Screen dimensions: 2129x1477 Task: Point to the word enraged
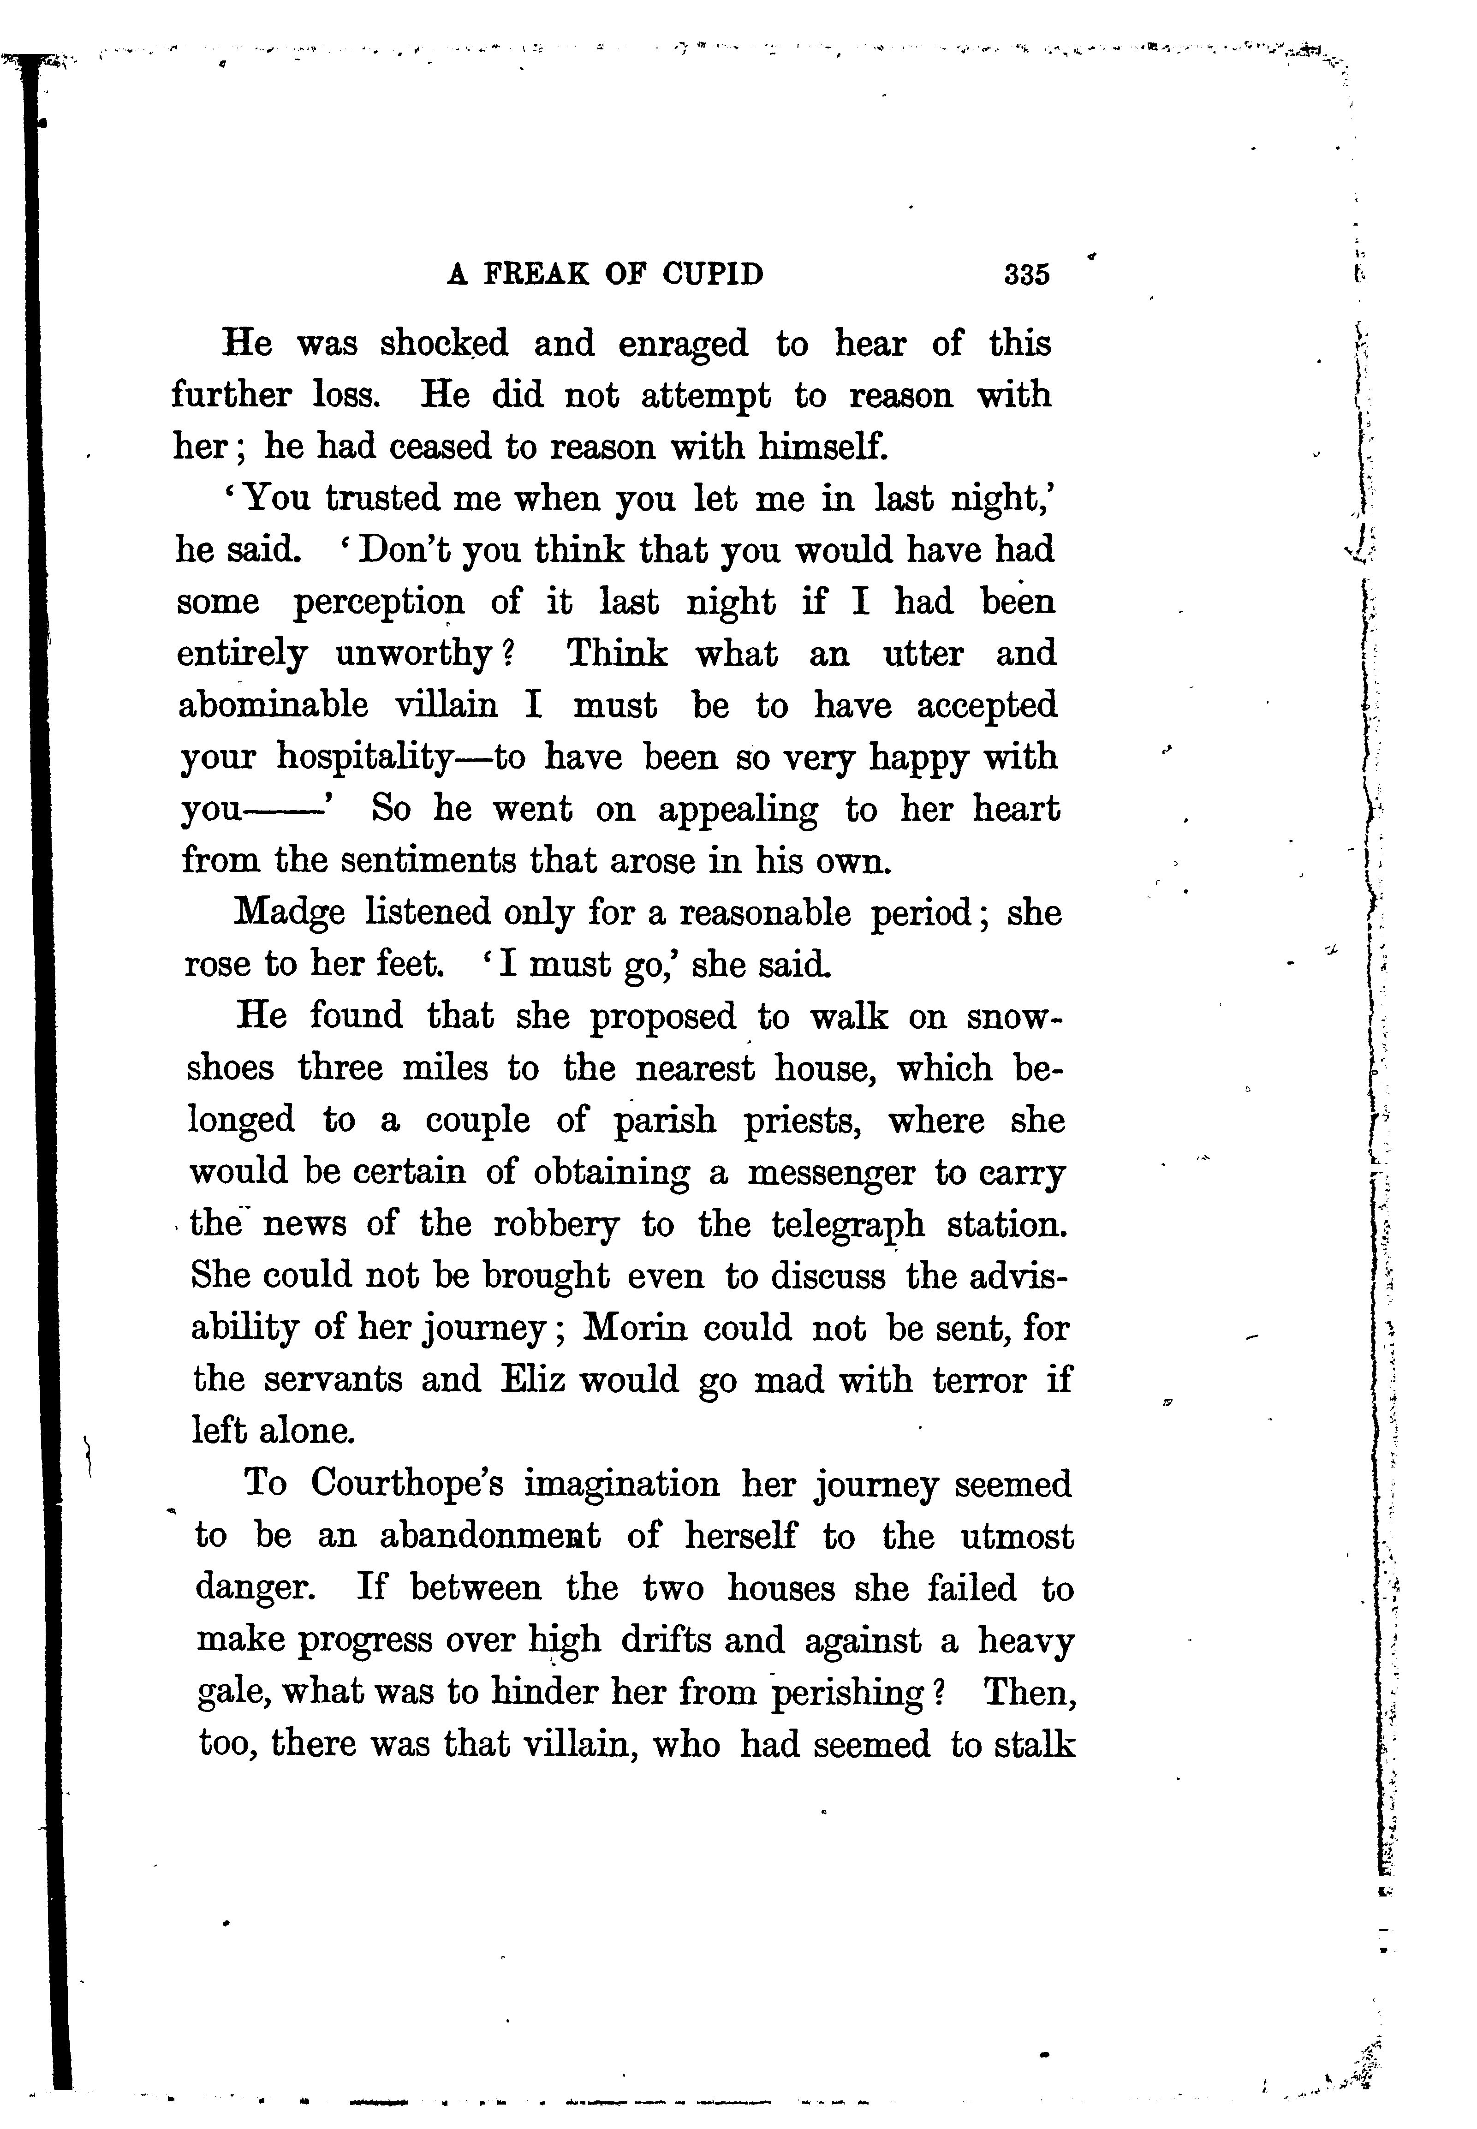click(x=683, y=344)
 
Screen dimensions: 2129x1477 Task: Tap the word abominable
click(x=273, y=706)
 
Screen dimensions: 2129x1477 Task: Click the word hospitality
click(x=363, y=758)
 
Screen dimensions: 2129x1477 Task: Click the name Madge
click(x=290, y=913)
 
